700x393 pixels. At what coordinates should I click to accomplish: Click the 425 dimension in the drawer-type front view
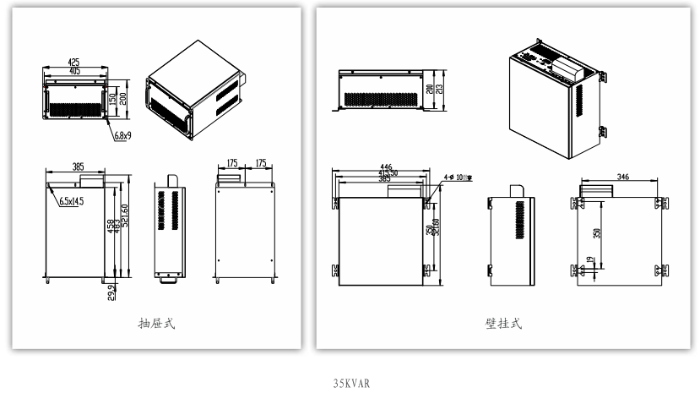click(x=73, y=62)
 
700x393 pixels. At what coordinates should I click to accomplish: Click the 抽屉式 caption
click(x=157, y=322)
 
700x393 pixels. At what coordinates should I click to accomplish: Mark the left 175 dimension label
click(x=231, y=162)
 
